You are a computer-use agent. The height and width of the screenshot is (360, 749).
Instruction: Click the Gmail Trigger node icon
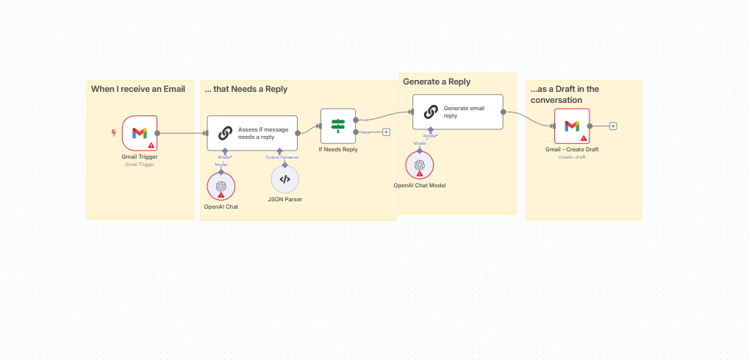point(140,133)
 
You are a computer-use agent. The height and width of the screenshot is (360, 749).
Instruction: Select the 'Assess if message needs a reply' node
point(252,133)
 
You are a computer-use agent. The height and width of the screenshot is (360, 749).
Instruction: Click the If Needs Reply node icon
point(337,126)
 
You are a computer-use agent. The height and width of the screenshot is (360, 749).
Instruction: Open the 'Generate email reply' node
point(458,112)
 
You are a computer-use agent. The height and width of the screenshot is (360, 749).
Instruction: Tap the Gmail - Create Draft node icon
point(572,126)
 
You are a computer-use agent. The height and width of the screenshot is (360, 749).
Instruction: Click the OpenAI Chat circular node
point(221,187)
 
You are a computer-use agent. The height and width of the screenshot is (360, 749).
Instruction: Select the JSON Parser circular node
point(285,179)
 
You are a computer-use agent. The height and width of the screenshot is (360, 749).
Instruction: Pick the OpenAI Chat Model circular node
point(419,165)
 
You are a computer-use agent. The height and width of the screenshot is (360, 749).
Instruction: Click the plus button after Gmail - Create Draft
point(613,126)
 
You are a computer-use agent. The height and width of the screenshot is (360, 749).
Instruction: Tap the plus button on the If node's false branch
point(386,132)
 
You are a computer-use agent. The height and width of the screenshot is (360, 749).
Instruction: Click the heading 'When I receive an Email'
point(138,89)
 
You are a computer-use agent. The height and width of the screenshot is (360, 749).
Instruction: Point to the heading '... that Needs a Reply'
point(246,89)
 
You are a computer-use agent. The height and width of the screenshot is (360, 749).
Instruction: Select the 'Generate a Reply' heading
point(437,82)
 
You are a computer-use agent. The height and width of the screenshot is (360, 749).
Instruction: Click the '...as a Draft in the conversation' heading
point(565,94)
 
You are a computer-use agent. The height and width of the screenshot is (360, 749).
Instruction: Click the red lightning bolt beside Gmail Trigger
point(112,133)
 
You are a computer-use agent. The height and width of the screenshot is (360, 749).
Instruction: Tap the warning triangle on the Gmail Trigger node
point(151,145)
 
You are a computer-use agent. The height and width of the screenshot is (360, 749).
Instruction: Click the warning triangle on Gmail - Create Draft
point(584,138)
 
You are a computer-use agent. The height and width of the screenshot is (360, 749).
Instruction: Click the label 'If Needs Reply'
point(337,149)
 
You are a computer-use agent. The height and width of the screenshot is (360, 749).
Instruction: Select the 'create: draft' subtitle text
point(572,156)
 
